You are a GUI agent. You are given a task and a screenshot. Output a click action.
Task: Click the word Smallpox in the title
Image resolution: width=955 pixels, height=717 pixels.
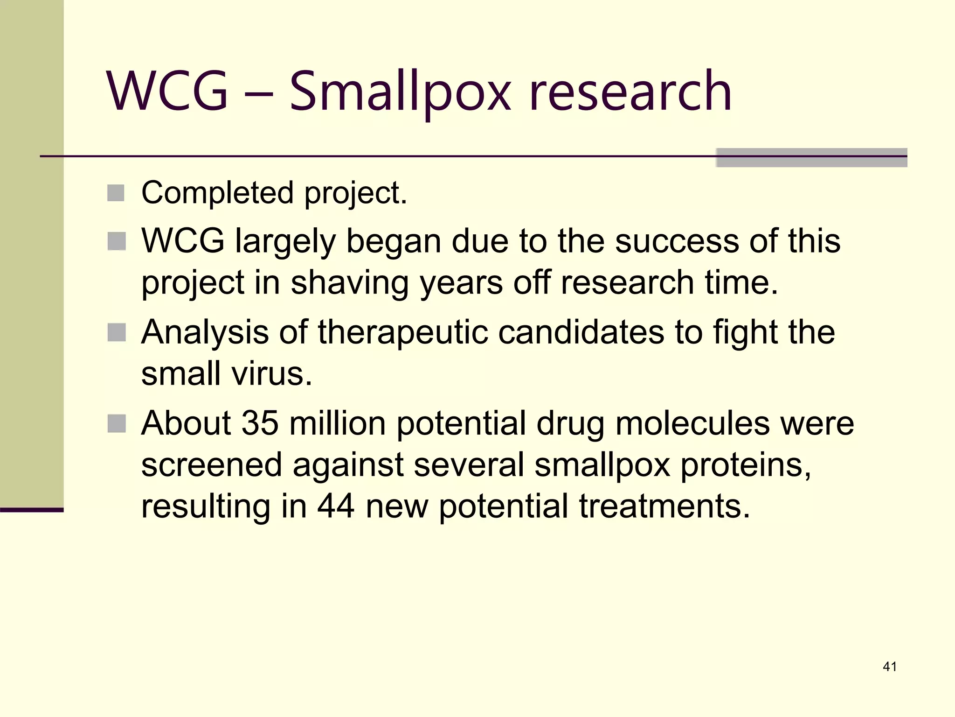400,91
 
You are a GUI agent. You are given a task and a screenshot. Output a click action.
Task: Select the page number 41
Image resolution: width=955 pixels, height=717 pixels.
890,667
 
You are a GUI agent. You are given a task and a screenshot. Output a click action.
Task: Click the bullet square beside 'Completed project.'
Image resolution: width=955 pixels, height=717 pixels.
116,193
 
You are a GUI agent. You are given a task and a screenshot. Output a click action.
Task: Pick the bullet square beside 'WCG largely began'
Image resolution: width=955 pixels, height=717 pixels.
116,241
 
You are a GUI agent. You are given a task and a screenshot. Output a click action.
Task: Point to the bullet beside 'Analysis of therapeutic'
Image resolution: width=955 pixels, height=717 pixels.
116,332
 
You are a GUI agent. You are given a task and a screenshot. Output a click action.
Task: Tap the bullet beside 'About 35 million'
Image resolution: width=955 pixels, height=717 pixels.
116,423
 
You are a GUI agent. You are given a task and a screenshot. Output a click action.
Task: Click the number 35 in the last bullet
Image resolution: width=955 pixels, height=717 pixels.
260,423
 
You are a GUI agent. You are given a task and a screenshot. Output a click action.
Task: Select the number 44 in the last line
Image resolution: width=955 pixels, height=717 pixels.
335,506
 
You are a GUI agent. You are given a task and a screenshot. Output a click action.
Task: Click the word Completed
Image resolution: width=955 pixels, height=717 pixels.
217,193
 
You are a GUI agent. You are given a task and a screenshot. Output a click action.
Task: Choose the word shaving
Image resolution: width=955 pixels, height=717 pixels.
350,283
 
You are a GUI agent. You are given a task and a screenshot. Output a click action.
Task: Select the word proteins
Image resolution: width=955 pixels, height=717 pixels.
745,465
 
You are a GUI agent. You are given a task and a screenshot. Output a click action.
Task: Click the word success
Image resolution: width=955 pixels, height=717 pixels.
677,241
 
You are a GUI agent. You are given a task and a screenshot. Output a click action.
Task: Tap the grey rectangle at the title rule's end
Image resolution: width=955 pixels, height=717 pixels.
811,157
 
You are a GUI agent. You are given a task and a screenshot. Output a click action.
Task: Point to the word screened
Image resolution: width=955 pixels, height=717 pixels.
212,465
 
